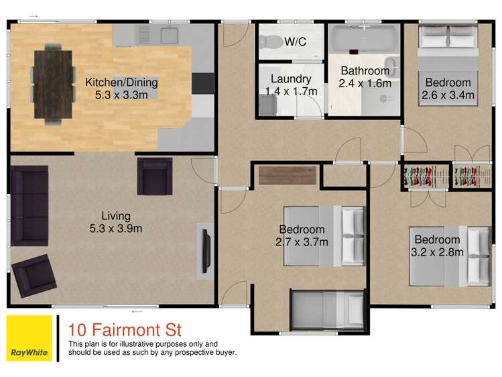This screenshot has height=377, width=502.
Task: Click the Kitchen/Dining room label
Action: coord(121,83)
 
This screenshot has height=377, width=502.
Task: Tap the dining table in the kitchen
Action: coord(53,83)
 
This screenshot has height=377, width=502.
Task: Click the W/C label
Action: coord(295,42)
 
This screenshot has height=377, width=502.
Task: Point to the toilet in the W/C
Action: coord(271,42)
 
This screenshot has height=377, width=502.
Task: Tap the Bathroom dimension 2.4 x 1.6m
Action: coord(365,83)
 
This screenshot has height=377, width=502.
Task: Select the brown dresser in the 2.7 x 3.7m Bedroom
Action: coord(288,174)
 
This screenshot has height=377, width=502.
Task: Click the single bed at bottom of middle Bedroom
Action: coord(326,310)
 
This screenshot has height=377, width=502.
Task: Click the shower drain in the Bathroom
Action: coord(385,98)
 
